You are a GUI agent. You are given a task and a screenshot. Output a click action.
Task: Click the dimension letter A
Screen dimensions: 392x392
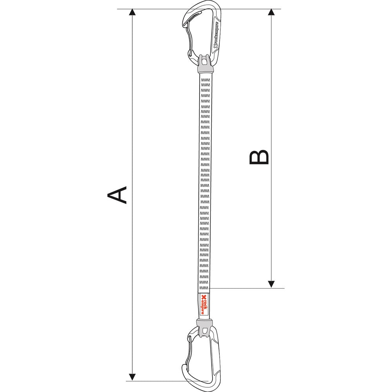(x=117, y=195)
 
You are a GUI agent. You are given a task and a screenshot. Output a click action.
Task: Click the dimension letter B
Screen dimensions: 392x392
(x=259, y=157)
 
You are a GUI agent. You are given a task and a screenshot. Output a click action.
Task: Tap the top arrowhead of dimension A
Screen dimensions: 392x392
(x=132, y=12)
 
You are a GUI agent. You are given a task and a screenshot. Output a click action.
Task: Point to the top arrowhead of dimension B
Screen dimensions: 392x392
(x=271, y=12)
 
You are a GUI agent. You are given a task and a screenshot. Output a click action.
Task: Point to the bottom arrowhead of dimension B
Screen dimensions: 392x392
(x=271, y=284)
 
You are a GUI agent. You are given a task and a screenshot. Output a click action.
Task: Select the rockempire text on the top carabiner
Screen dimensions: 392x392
(x=216, y=36)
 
